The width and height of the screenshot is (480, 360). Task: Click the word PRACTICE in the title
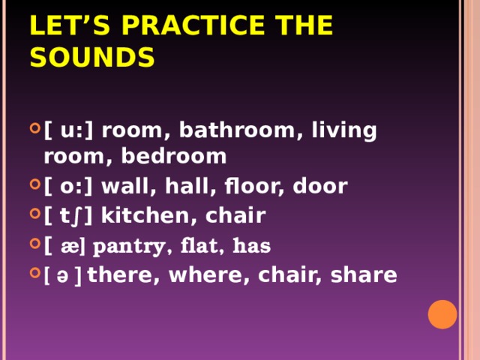point(193,25)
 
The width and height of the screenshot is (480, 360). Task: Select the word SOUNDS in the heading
point(92,57)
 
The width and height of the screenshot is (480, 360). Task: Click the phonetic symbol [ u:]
point(68,130)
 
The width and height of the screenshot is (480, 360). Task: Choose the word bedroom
point(174,156)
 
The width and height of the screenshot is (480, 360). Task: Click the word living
point(344,130)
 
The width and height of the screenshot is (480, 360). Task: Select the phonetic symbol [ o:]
point(68,186)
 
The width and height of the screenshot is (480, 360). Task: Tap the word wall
point(125,185)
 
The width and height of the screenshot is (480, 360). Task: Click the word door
point(320,185)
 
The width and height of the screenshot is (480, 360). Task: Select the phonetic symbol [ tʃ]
point(68,216)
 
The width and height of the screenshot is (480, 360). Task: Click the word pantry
point(128,247)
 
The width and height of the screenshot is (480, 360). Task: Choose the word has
point(252,245)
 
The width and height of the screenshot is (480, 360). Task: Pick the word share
point(364,274)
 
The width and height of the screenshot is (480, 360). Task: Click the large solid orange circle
point(442,314)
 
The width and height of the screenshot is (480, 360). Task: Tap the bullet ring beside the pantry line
point(35,244)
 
